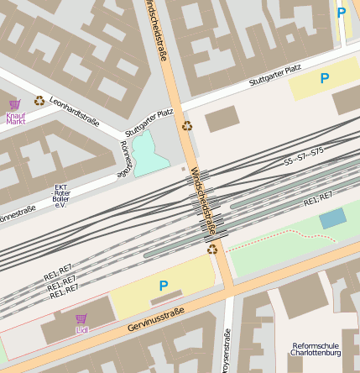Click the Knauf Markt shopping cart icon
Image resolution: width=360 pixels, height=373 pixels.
tap(15, 104)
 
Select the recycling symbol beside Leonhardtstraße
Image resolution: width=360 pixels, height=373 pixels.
tap(39, 101)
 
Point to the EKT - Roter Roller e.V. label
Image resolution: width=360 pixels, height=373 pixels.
tap(61, 196)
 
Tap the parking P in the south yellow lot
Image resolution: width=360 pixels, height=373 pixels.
tap(163, 286)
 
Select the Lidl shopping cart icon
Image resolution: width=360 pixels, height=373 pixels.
tap(81, 319)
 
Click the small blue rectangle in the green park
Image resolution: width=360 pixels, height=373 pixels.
tap(332, 218)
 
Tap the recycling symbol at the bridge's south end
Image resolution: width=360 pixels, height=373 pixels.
tap(213, 249)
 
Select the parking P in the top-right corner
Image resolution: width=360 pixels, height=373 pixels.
tap(341, 13)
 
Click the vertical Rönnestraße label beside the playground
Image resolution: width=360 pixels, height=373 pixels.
tap(125, 158)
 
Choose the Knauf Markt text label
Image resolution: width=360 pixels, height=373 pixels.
tap(16, 118)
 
